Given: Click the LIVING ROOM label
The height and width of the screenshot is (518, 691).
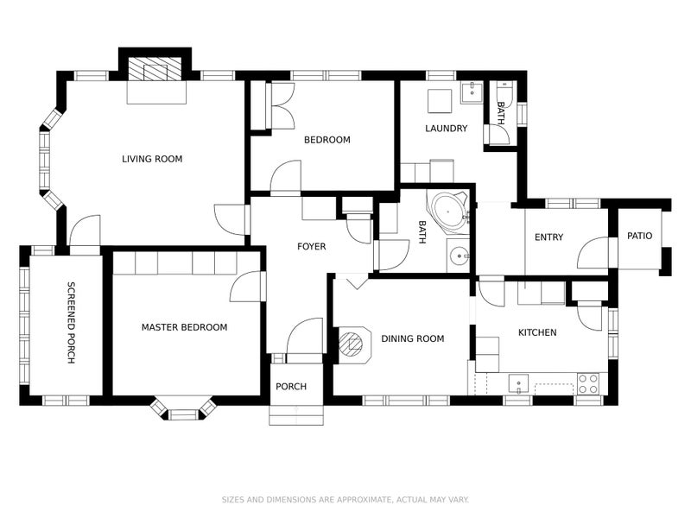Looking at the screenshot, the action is coord(152,159).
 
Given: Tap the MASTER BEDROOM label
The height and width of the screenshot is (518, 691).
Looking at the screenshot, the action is coord(184,327).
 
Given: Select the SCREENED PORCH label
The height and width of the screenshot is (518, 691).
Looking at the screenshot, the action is coord(71,323).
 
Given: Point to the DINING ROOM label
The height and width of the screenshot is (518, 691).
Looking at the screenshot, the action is coord(413,338).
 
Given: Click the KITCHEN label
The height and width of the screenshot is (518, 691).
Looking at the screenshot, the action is coord(537,332).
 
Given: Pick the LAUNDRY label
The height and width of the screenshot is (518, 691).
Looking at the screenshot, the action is coord(446,128).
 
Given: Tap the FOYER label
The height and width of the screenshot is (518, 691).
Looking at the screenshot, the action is coord(312,246).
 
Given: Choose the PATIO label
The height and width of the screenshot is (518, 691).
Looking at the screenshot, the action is coord(639,236).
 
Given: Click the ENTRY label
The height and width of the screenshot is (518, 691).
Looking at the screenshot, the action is coord(548,237).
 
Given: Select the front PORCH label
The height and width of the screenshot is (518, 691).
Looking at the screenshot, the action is coord(291,386).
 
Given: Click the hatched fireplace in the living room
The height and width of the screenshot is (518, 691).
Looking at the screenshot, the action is coord(155,69).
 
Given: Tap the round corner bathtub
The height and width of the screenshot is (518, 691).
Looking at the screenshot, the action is coord(447,210).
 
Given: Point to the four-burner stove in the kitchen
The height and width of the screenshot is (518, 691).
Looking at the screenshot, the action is coord(588,383).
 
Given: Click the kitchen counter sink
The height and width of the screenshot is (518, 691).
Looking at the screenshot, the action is coord(519,383).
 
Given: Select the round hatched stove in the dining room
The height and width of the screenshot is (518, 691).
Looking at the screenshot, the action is coord(352,344).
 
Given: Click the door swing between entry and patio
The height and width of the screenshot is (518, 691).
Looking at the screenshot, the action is coord(593,252).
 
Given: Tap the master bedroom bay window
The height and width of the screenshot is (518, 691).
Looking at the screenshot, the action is coord(183,409).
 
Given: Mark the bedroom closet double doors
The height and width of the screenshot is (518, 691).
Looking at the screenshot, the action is coord(282,105).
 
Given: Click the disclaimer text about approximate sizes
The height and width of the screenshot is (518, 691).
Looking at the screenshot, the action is coord(345,500).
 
